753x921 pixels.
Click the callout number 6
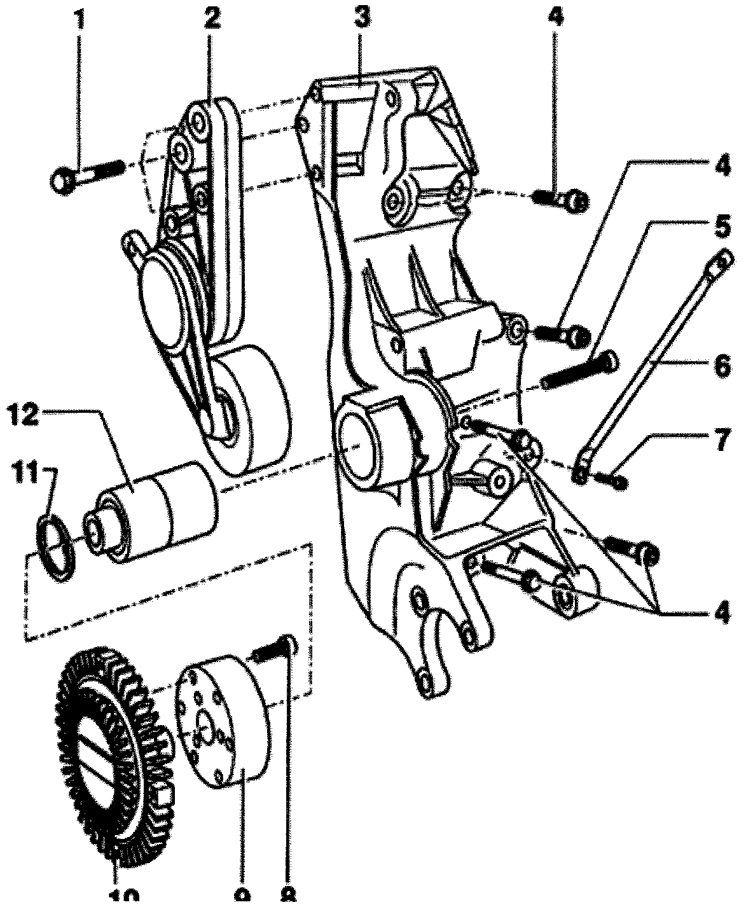[x=721, y=367]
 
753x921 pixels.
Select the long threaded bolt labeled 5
[x=579, y=370]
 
